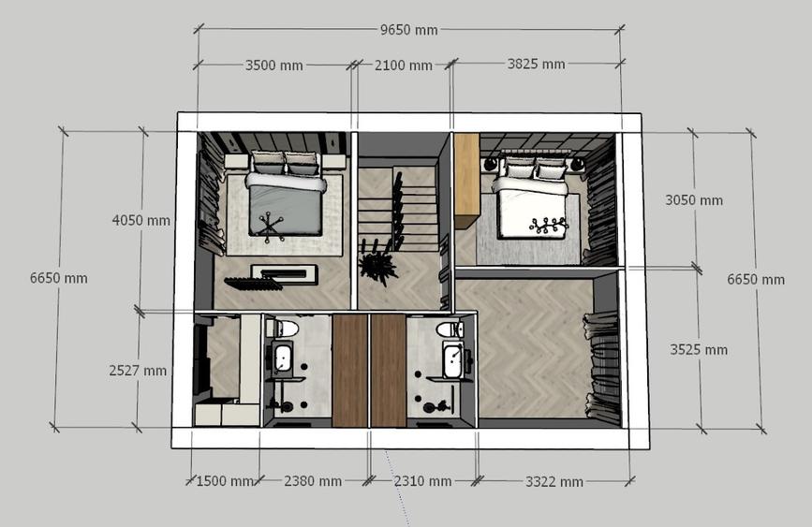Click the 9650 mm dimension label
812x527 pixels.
click(409, 30)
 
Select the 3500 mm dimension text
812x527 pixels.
click(274, 66)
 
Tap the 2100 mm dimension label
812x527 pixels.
click(404, 66)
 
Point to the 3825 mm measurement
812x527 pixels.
click(536, 65)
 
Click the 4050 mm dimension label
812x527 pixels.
click(140, 221)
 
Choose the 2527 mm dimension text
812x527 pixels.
click(138, 371)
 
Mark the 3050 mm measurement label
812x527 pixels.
click(694, 200)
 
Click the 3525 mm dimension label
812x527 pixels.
click(699, 350)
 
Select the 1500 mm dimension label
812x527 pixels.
click(225, 481)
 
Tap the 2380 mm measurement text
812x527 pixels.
click(313, 481)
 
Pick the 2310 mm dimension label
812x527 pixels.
click(422, 481)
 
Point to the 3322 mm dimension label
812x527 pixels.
click(554, 482)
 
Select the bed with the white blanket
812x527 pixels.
click(532, 199)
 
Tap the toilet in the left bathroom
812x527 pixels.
click(282, 329)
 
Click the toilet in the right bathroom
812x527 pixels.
click(450, 329)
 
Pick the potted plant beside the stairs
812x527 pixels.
click(378, 264)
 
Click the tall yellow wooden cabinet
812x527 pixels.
click(466, 181)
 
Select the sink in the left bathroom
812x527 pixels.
click(283, 358)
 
